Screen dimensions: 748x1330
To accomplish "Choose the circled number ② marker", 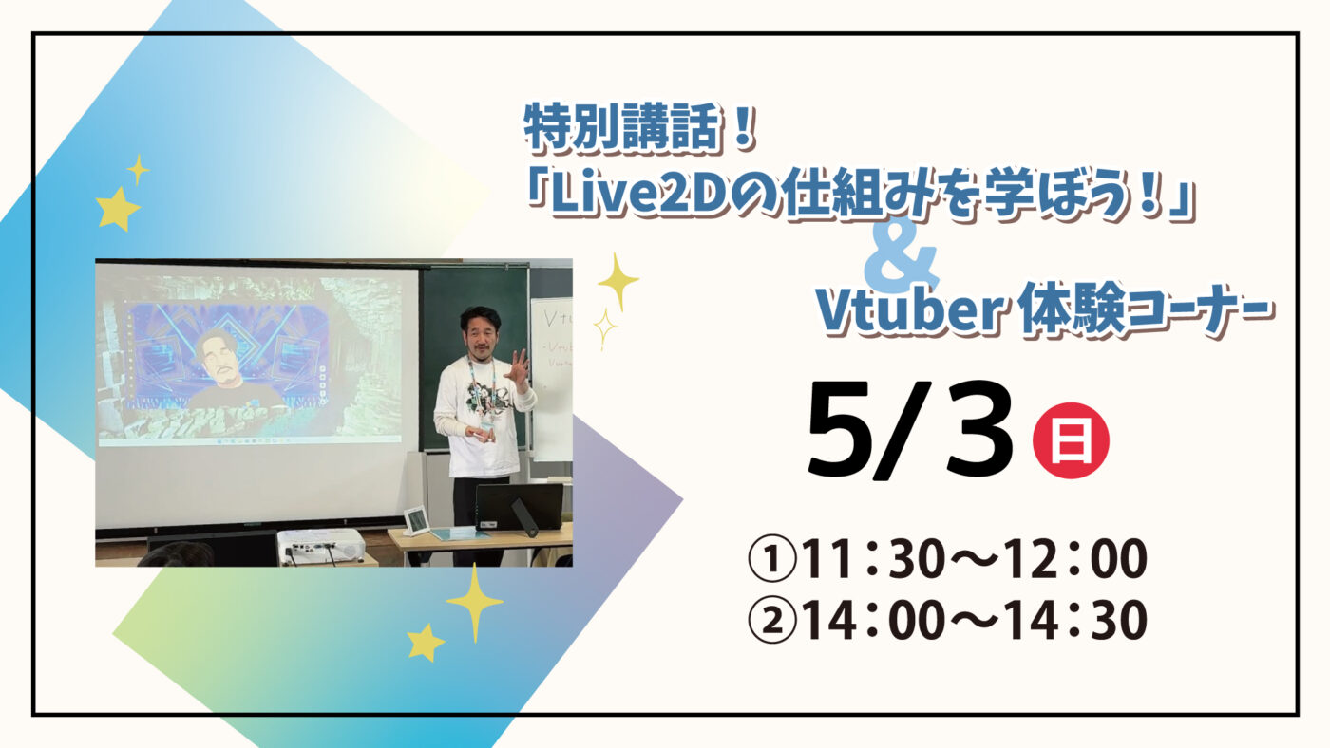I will coord(770,622).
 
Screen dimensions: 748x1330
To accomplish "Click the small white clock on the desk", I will coord(416,520).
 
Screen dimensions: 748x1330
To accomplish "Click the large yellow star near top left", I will coord(118,208).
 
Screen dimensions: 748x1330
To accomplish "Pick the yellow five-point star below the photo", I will coord(426,643).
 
